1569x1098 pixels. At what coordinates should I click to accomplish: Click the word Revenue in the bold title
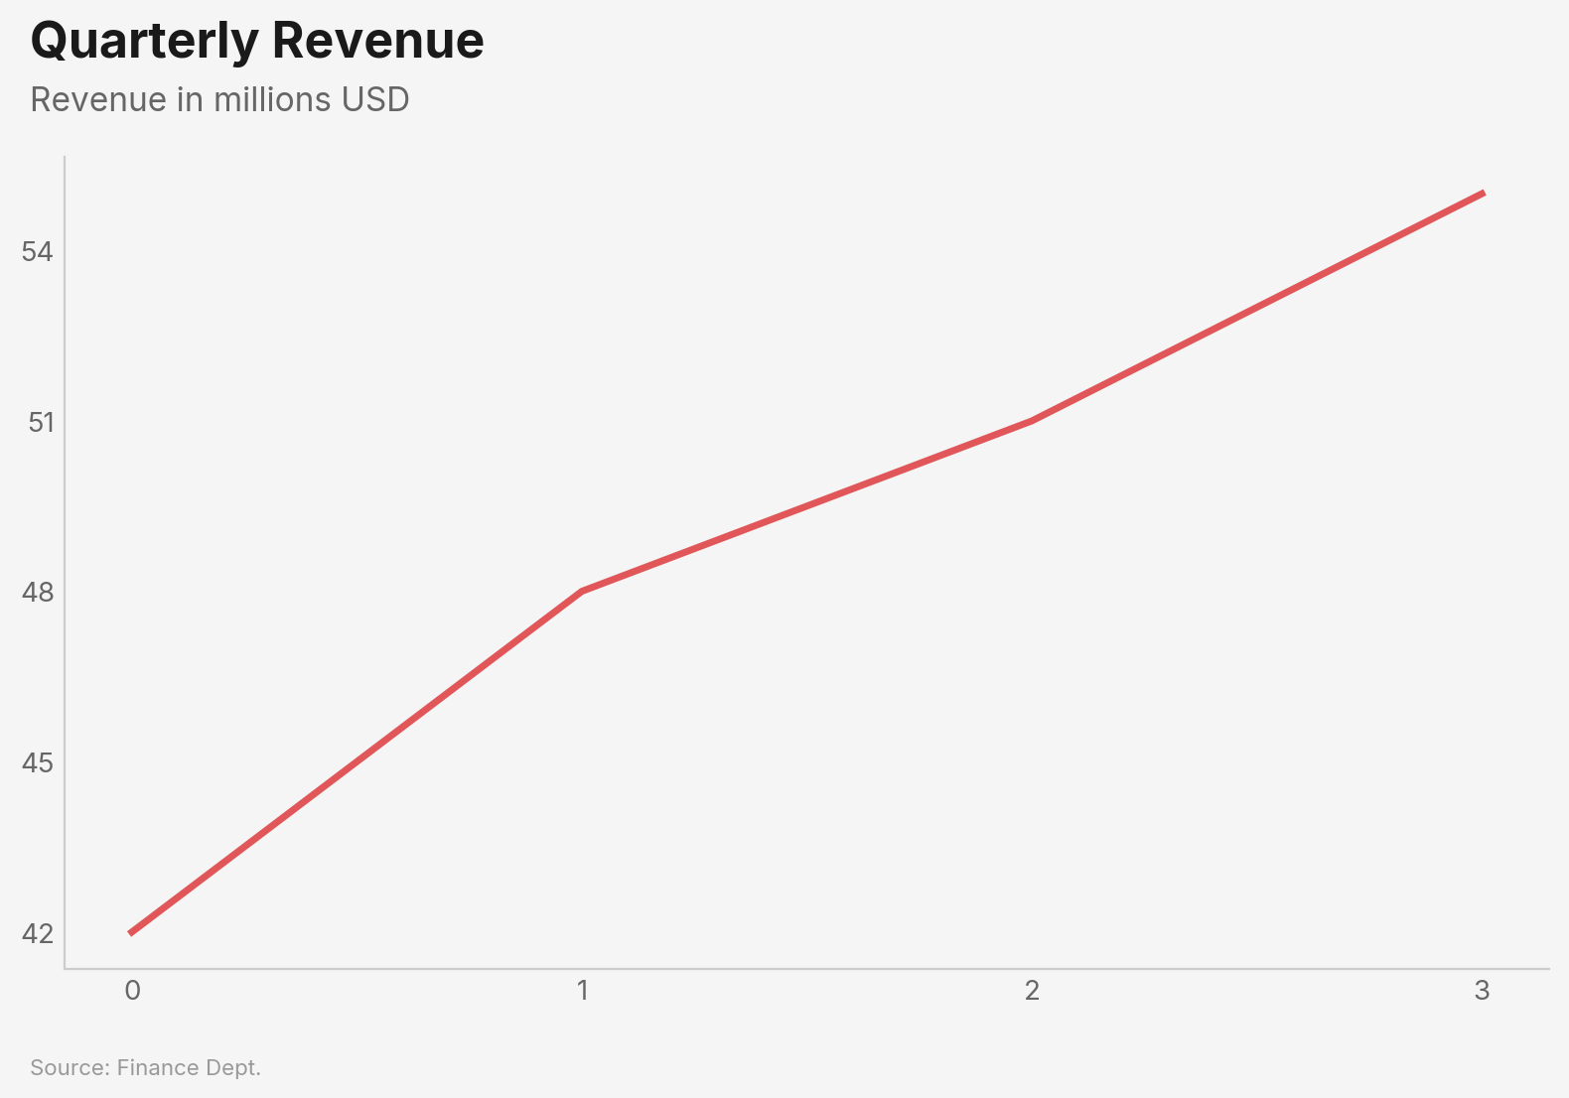(378, 41)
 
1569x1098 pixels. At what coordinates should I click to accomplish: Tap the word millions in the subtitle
(272, 99)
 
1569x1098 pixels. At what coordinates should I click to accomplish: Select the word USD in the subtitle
(374, 99)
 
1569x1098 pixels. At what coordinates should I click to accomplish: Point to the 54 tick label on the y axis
(37, 251)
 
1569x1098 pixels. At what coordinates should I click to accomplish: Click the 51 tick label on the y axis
(40, 422)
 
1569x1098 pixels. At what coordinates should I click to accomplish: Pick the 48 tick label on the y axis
(37, 593)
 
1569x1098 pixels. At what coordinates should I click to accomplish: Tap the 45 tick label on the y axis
(37, 762)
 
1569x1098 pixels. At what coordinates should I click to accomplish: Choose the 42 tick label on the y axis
(37, 933)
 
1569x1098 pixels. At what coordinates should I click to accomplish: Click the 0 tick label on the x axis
(132, 990)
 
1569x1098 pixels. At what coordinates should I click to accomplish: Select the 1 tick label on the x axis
(582, 990)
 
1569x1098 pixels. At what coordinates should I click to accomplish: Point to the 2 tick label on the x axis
(1032, 990)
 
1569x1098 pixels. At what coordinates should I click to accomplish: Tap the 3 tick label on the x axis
(1482, 990)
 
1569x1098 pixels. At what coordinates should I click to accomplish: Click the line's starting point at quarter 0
(131, 933)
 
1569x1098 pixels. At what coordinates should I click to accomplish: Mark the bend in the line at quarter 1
(582, 592)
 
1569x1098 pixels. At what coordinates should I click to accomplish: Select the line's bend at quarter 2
(1032, 421)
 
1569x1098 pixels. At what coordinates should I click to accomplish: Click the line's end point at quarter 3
(1483, 194)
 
